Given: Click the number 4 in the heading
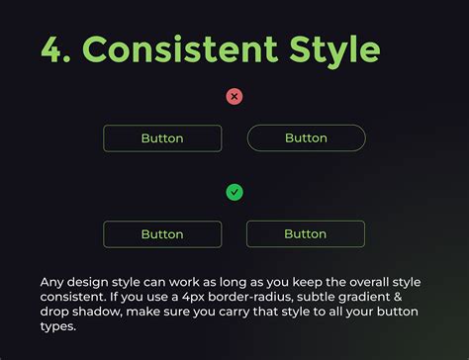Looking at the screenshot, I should (52, 47).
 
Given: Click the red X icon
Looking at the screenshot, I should (234, 97).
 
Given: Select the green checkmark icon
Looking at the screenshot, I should (234, 192).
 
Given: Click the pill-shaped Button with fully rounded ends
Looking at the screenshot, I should (306, 138).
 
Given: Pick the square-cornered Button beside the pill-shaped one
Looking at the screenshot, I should (162, 138).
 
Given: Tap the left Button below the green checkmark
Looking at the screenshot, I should (162, 234).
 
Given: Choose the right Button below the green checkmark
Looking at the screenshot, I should (306, 234).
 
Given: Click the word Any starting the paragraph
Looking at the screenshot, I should (53, 281).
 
